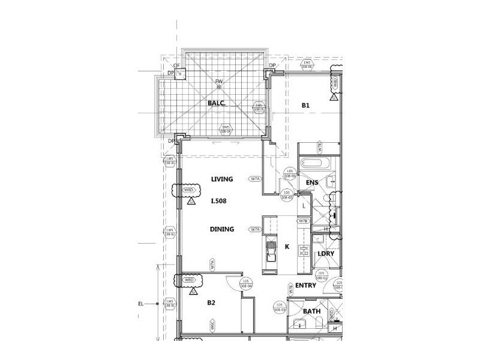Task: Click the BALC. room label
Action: (216, 103)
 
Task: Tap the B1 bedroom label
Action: (305, 106)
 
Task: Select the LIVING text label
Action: (221, 179)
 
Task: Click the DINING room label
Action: (221, 229)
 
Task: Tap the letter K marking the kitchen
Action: (287, 247)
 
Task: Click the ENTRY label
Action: (306, 286)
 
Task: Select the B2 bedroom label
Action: (211, 303)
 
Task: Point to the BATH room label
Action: (311, 311)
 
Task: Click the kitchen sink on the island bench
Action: (271, 259)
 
